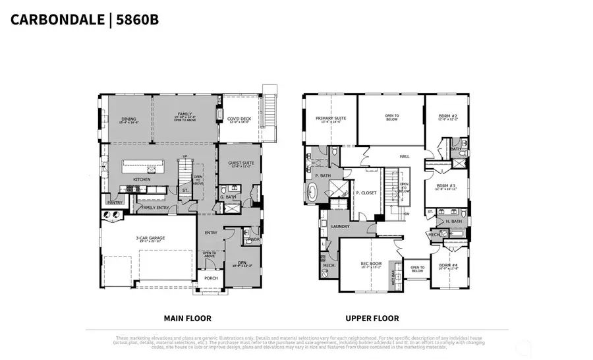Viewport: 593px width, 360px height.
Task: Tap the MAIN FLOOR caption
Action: click(x=183, y=318)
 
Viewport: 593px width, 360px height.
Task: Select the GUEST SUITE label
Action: click(x=240, y=164)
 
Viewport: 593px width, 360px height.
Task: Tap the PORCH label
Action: click(x=211, y=278)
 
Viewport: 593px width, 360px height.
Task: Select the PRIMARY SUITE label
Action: click(x=331, y=119)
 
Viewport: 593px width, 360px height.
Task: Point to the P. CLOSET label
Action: click(x=366, y=193)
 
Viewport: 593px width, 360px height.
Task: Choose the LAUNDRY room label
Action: click(x=340, y=225)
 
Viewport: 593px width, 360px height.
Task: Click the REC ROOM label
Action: click(x=371, y=264)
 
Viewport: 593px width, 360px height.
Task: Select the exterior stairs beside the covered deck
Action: click(x=269, y=112)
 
